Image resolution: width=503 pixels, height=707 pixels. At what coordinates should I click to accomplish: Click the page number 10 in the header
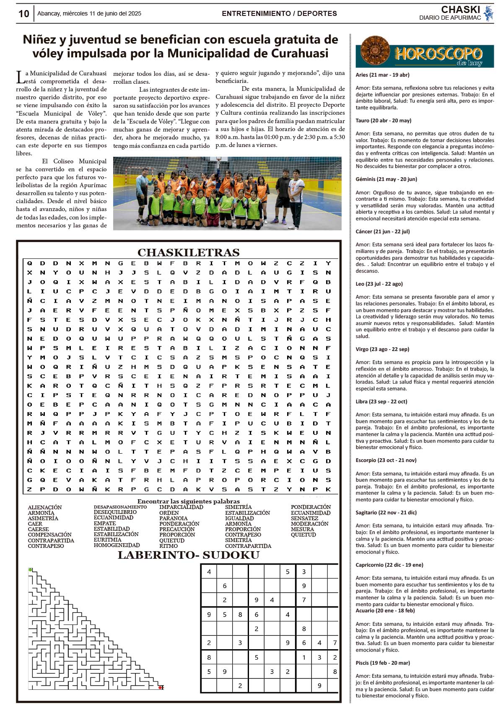tap(24, 14)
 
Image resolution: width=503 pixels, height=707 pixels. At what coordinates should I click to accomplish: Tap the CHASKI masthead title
tap(460, 10)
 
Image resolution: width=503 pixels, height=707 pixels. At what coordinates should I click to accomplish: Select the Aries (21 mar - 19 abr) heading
tap(382, 75)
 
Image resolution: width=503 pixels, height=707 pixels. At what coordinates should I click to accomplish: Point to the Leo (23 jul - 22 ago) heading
tap(379, 284)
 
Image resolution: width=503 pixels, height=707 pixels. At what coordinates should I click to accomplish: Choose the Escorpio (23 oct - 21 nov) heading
tap(386, 460)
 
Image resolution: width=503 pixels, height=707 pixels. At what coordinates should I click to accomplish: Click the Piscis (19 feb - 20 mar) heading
tap(383, 663)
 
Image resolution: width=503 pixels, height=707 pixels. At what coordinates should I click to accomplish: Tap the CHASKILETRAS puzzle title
tap(188, 253)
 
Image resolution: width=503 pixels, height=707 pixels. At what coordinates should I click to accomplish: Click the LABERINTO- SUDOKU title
tap(188, 555)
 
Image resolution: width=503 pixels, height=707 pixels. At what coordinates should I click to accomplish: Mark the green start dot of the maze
tap(30, 570)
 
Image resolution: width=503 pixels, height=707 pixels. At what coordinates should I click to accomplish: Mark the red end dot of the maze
tap(161, 687)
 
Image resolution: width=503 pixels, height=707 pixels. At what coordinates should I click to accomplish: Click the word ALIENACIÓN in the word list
tap(45, 508)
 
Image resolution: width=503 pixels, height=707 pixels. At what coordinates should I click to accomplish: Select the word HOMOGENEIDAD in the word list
tap(117, 545)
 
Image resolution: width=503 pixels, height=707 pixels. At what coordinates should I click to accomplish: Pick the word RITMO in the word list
tap(169, 546)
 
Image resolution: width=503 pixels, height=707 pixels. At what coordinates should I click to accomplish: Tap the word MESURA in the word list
tap(302, 529)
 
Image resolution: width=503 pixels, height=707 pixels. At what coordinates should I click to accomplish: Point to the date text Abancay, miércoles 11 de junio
tap(89, 14)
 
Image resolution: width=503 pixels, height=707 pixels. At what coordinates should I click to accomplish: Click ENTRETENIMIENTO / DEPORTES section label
tap(279, 14)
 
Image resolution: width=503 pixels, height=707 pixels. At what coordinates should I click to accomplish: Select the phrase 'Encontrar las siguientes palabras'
tap(188, 501)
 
